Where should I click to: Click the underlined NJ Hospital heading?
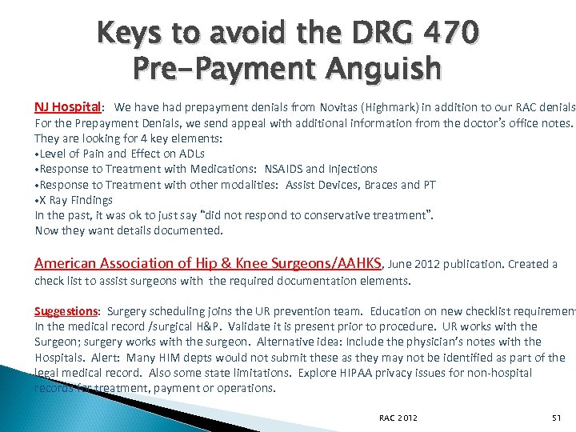[x=67, y=107]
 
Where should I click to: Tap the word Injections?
[x=349, y=169]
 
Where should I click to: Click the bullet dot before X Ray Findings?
[x=38, y=200]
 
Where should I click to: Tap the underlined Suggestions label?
[x=66, y=311]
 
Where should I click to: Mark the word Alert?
[x=104, y=358]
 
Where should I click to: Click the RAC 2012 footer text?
[x=398, y=418]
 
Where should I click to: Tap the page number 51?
[x=558, y=418]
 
